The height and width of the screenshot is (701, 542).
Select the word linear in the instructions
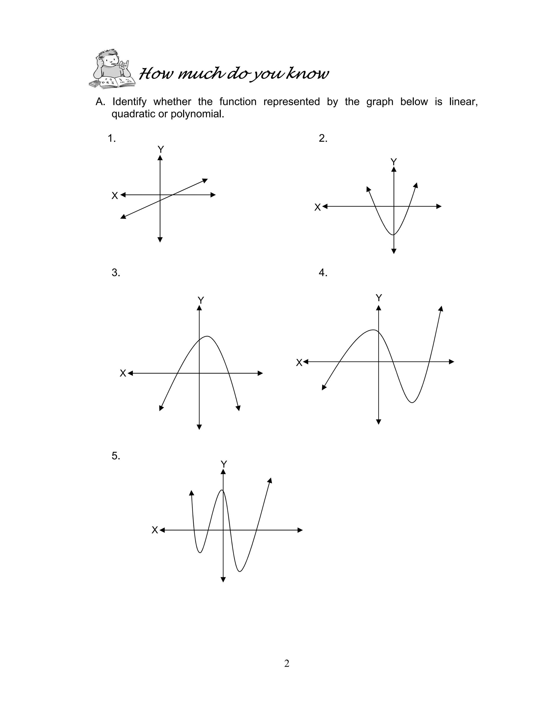[x=463, y=102]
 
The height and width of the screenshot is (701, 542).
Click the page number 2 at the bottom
[x=287, y=663]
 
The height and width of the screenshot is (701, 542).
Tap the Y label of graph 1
[x=161, y=149]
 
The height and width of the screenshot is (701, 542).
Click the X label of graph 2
[x=317, y=207]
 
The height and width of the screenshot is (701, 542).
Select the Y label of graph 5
[x=224, y=464]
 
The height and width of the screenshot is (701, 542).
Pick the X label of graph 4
[x=299, y=363]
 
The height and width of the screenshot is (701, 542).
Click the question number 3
[x=116, y=273]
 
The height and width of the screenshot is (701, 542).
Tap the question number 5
[x=116, y=456]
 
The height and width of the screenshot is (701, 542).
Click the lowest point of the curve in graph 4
[x=412, y=402]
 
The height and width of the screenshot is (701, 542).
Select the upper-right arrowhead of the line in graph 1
[x=205, y=180]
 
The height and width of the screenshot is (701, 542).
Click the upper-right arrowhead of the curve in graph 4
[x=441, y=308]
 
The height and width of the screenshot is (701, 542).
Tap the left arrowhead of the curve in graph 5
[x=192, y=493]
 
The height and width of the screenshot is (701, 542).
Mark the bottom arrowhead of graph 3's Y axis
[x=199, y=427]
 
